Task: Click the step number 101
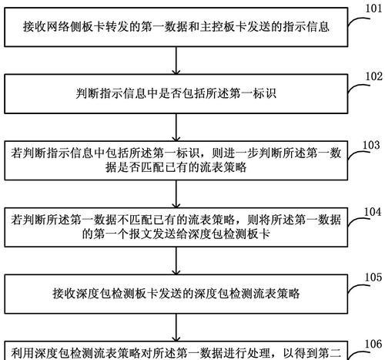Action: [x=373, y=8]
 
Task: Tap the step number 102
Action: [x=374, y=76]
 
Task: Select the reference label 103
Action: [x=371, y=145]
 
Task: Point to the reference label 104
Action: [x=373, y=212]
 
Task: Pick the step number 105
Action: [x=373, y=278]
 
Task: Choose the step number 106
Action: [x=373, y=344]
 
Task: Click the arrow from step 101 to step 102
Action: [x=176, y=61]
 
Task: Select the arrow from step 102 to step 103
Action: [x=176, y=127]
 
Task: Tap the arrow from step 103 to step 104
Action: [x=176, y=194]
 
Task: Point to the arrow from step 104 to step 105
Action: [x=176, y=261]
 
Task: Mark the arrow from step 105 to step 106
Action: [x=176, y=328]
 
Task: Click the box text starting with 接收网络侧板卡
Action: [x=176, y=27]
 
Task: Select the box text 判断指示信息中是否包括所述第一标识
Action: [x=176, y=93]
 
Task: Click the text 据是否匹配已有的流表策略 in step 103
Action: [x=176, y=167]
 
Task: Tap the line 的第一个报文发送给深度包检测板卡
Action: [x=176, y=234]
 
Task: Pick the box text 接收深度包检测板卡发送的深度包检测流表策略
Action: [x=176, y=294]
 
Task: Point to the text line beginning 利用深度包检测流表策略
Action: [x=176, y=353]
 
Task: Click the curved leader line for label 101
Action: [x=359, y=20]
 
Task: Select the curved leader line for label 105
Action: [x=359, y=287]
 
